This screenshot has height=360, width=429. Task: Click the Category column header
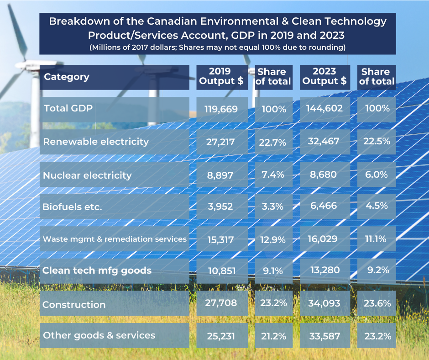point(67,77)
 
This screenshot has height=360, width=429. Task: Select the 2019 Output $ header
point(222,77)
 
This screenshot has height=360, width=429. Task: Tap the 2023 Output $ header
point(324,76)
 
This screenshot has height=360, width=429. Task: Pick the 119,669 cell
point(222,109)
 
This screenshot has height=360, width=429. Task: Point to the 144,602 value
point(324,108)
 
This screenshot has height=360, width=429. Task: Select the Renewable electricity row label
point(96,142)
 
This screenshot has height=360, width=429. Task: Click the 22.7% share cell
point(273,143)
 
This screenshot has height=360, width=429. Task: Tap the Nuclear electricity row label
point(87,175)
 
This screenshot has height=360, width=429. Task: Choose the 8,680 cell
point(324,174)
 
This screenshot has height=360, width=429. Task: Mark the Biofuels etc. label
point(72,206)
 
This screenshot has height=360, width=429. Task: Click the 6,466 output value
point(324,206)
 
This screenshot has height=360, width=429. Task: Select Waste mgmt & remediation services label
point(114,239)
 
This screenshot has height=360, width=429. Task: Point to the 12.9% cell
point(273,239)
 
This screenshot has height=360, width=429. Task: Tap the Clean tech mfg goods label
point(97,270)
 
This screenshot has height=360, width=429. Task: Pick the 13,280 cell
point(324,270)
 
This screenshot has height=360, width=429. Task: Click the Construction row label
point(74,305)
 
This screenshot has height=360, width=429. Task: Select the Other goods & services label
point(99,335)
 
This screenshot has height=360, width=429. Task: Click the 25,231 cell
point(222,336)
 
